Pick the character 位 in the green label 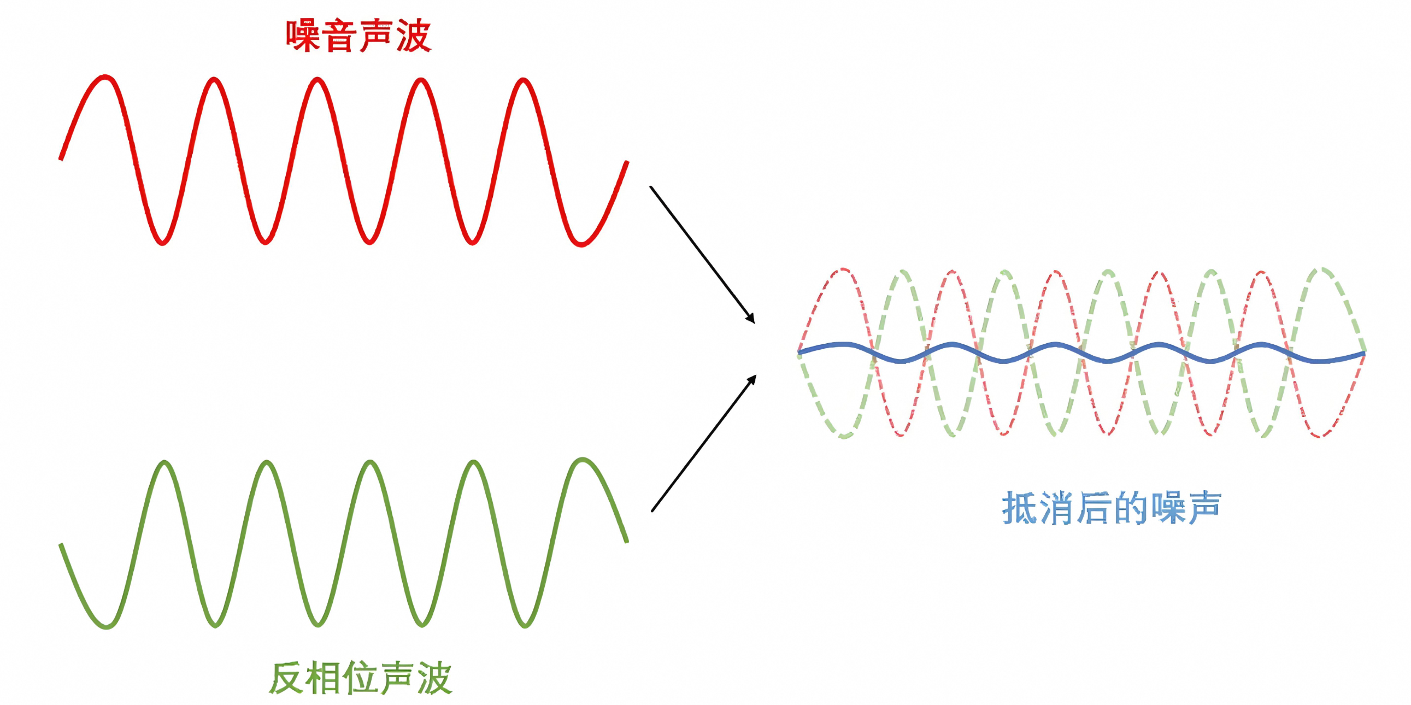point(361,678)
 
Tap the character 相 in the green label point(324,678)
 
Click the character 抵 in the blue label point(1020,508)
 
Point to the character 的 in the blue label point(1131,508)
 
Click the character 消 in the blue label point(1057,508)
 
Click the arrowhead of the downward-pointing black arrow point(751,319)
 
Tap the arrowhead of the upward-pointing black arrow point(752,379)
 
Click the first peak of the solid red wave point(105,78)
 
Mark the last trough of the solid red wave point(580,243)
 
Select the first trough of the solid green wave point(106,626)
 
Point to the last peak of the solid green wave point(581,460)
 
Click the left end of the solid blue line point(800,351)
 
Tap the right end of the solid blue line point(1363,355)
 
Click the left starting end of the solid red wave point(61,159)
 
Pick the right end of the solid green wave point(627,541)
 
